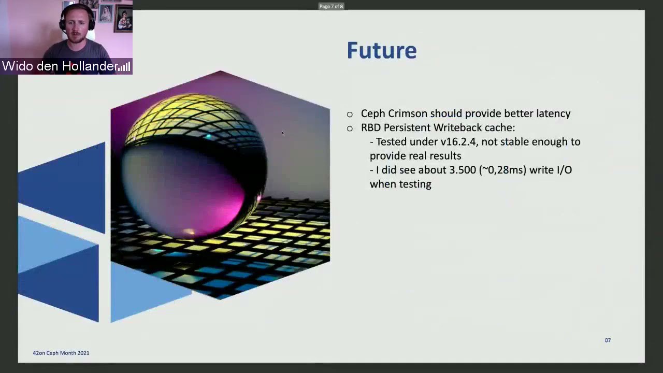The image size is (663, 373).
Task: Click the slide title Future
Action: tap(382, 50)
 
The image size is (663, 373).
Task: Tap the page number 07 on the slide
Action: tap(608, 340)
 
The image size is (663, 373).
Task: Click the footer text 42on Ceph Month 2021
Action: tap(61, 353)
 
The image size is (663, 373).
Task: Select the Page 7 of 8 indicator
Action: tap(331, 6)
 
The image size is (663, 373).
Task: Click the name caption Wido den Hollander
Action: tap(60, 66)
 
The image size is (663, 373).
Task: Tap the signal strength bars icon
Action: tap(124, 67)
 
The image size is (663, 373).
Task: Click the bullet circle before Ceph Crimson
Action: tap(350, 114)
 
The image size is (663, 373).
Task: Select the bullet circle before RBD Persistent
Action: tap(350, 128)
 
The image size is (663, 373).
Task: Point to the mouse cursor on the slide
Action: tap(283, 133)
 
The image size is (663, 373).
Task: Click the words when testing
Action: tap(400, 184)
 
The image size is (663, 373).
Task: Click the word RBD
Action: tap(371, 127)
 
